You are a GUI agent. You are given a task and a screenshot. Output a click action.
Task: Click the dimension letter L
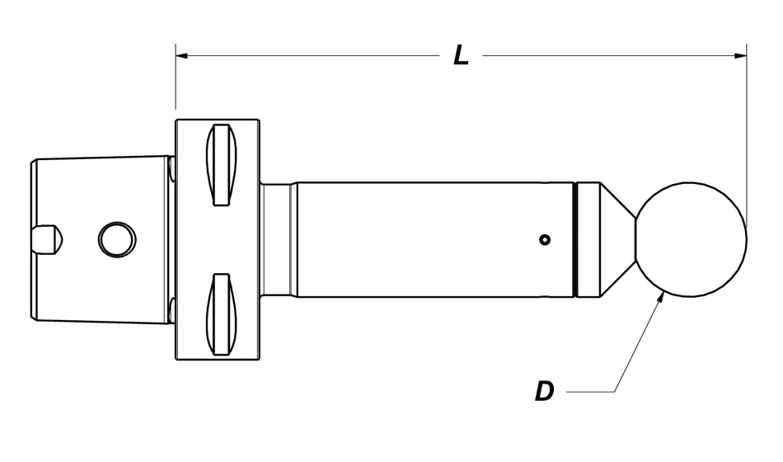pos(462,55)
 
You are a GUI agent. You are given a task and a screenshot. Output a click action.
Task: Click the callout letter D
pos(544,391)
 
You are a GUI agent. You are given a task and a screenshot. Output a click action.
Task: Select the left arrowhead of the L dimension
pos(183,56)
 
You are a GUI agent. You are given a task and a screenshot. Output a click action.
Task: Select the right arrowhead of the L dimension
pos(739,56)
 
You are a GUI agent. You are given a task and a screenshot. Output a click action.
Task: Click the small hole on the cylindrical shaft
pos(543,240)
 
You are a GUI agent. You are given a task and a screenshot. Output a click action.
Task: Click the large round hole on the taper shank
pos(116,240)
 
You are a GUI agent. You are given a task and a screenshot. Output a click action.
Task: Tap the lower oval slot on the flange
pos(221,314)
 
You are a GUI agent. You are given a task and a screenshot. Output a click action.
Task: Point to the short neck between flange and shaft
pos(279,239)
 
